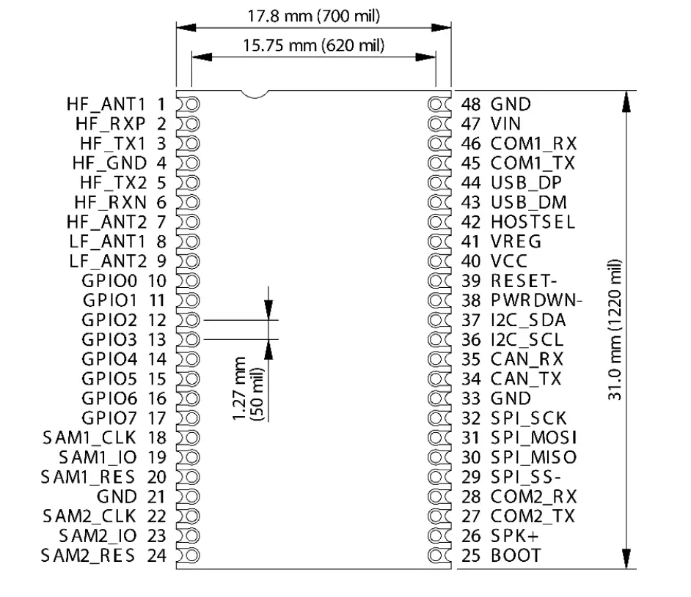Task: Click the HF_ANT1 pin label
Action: [107, 104]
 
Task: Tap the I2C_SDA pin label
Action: [528, 320]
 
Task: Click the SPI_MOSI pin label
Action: [533, 438]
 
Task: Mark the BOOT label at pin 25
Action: [516, 556]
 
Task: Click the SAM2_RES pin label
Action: [89, 556]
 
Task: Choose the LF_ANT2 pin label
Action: [107, 261]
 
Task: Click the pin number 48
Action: [471, 104]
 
